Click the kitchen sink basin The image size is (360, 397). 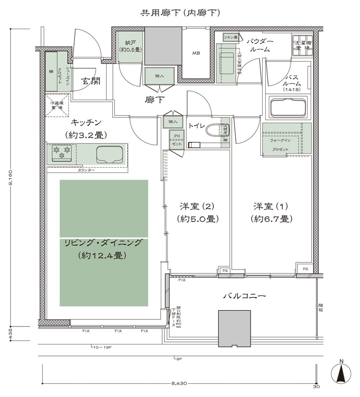pos(109,154)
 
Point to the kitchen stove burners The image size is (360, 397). pos(62,154)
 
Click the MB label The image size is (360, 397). pos(196,53)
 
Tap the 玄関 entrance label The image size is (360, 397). pos(90,81)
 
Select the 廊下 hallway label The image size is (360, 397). pos(155,100)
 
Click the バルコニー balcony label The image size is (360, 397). pos(244,296)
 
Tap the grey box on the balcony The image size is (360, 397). pos(234,329)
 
